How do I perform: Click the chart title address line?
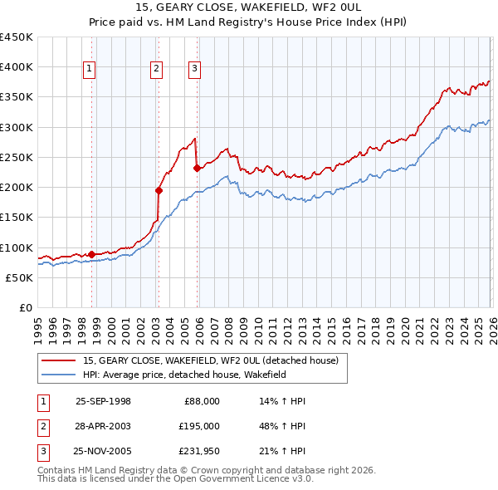click(x=248, y=7)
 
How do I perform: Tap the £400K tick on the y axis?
click(x=17, y=67)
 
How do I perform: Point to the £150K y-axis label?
click(x=17, y=218)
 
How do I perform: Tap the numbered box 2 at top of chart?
click(x=156, y=70)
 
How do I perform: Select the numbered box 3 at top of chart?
click(x=194, y=70)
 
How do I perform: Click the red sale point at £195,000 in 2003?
click(x=159, y=190)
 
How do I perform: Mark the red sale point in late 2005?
click(x=197, y=168)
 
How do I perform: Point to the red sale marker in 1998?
click(x=91, y=254)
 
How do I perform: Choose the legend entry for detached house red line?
click(x=210, y=361)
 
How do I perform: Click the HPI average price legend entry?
click(x=196, y=375)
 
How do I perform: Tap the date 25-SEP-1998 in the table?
click(x=103, y=401)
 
